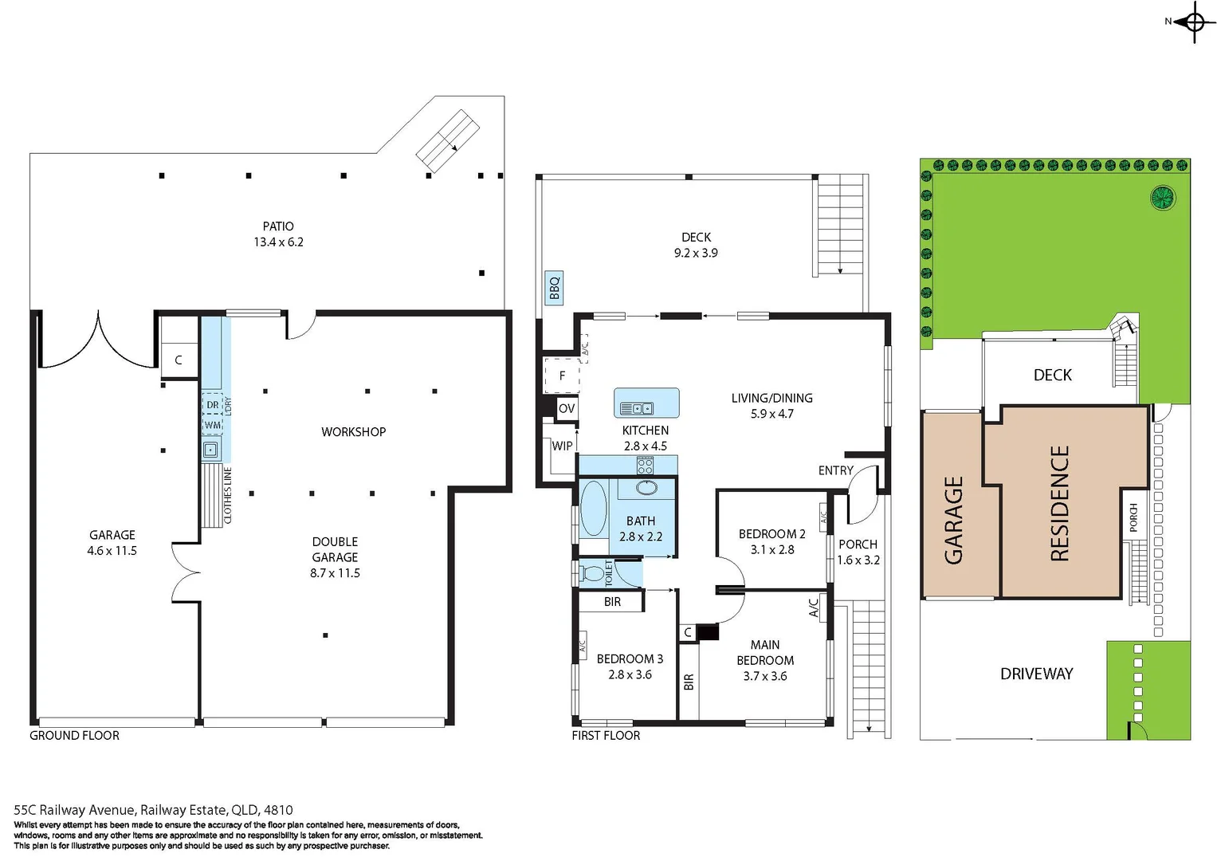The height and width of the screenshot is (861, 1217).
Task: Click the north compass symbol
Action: coord(1193,22)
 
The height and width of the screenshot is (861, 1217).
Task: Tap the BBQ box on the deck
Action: coord(554,288)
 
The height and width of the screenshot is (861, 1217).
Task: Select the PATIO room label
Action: coord(278,226)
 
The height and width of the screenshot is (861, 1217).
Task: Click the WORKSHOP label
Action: coord(353,432)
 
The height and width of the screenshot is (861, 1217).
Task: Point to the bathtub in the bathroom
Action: coord(593,508)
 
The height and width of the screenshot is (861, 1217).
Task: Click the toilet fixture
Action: coord(592,573)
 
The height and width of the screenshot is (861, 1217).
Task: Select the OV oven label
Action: coord(567,409)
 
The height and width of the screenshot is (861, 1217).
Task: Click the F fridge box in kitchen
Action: coord(562,376)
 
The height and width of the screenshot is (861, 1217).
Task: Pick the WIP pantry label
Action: coord(562,446)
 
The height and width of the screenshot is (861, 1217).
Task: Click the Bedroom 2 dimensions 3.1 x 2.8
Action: coord(771,550)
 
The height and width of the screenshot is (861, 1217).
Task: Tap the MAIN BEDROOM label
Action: coord(764,652)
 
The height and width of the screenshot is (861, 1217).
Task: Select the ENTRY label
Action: coord(835,471)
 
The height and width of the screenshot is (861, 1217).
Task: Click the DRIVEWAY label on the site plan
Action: coord(1036,674)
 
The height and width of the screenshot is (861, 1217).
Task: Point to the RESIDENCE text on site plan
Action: coord(1059,504)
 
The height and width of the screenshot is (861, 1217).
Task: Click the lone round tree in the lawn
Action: coord(1162,197)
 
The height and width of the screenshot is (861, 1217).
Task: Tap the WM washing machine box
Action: coord(212,425)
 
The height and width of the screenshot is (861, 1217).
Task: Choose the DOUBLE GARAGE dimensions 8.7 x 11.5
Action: coord(335,573)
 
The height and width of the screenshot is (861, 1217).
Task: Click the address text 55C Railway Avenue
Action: coord(153,810)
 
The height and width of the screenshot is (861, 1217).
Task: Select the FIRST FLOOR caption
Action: coord(606,736)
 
